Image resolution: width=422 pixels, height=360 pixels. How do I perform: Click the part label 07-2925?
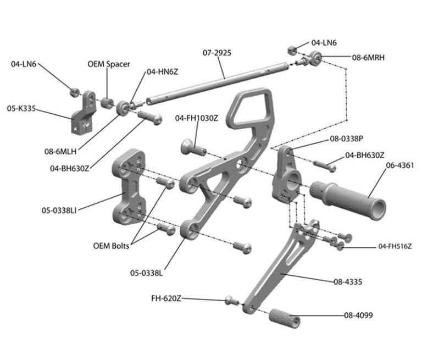pyautogui.click(x=217, y=53)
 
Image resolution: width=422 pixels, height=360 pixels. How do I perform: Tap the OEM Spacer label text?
pyautogui.click(x=109, y=64)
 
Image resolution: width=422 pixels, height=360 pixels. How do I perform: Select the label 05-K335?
pyautogui.click(x=21, y=109)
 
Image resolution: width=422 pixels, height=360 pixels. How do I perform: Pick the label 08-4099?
pyautogui.click(x=360, y=315)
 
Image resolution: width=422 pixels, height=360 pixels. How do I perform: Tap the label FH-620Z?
pyautogui.click(x=166, y=299)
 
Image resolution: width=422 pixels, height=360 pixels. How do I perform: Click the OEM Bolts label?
pyautogui.click(x=111, y=246)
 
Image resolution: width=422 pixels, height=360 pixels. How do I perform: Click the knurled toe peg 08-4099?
pyautogui.click(x=284, y=318)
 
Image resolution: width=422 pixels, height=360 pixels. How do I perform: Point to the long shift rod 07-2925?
pyautogui.click(x=220, y=83)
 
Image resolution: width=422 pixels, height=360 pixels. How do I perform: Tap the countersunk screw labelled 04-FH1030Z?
pyautogui.click(x=192, y=147)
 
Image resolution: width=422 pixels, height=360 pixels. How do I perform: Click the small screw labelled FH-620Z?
pyautogui.click(x=231, y=300)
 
